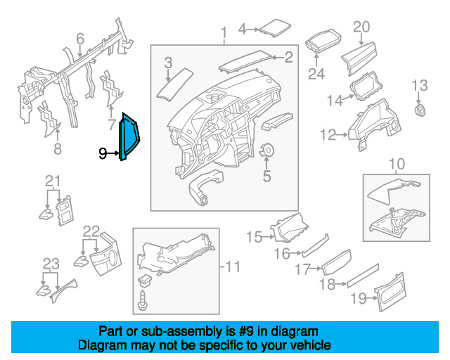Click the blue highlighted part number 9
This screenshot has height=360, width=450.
tap(129, 137)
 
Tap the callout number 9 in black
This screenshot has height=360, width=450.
tap(103, 153)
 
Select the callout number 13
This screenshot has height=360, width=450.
tap(420, 86)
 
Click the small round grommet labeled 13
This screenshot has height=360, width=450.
tap(420, 110)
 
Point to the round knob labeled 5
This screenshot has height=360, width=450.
tap(267, 150)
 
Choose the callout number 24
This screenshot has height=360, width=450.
tap(316, 74)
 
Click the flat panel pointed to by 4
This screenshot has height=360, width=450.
tap(275, 28)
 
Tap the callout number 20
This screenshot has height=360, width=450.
tap(361, 27)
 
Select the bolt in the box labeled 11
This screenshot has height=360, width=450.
tap(141, 300)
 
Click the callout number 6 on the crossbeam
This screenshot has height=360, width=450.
tap(80, 39)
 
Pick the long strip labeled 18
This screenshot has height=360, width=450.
tap(363, 276)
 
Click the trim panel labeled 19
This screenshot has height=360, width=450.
tap(390, 292)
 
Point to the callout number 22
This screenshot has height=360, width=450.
tap(91, 231)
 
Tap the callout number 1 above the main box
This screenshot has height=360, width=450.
tap(224, 33)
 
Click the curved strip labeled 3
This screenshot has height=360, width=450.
tap(174, 84)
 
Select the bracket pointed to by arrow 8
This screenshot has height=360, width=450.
tap(49, 119)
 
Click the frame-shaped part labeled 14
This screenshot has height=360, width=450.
tap(366, 86)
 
